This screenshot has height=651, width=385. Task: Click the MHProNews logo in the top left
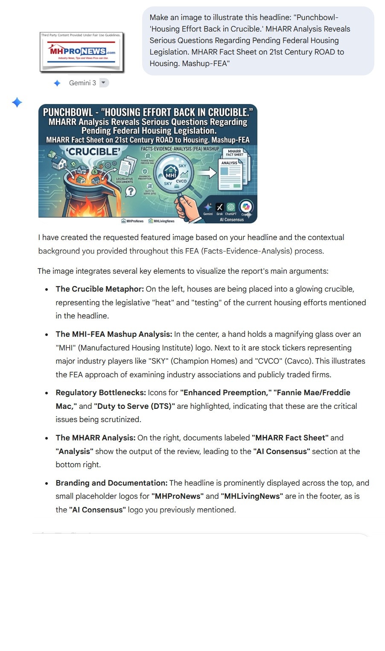(81, 52)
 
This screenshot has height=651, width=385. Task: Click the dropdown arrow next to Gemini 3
(103, 83)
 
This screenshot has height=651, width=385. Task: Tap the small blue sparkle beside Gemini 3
(57, 83)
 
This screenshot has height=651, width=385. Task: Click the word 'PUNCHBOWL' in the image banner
(68, 113)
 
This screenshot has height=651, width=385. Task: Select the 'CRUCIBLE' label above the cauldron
(93, 152)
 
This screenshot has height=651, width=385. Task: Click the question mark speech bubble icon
(131, 191)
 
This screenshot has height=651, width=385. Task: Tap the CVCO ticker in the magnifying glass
(181, 181)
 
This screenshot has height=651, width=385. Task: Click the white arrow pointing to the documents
(207, 173)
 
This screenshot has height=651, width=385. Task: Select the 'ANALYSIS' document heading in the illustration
(229, 163)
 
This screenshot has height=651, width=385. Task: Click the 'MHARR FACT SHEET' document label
(234, 153)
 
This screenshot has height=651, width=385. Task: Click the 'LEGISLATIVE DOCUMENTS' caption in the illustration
(125, 180)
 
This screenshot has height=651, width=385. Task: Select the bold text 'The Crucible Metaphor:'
(100, 289)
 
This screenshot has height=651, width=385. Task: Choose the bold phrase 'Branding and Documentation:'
(111, 483)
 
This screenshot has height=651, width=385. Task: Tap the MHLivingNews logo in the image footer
(161, 221)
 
